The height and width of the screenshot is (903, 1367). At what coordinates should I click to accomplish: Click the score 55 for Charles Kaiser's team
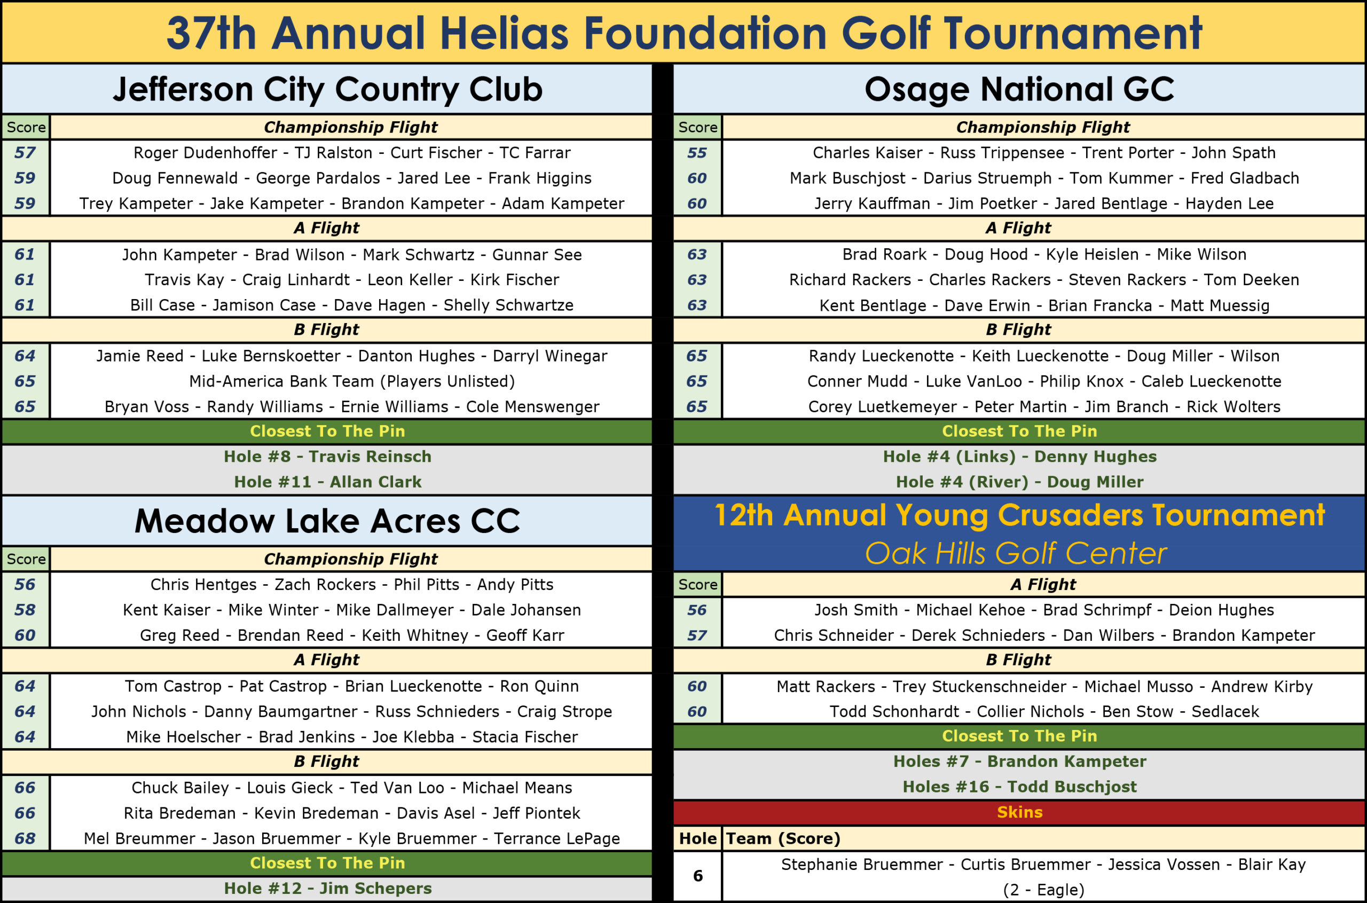coord(697,153)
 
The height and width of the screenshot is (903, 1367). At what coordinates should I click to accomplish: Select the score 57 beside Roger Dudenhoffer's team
coord(25,153)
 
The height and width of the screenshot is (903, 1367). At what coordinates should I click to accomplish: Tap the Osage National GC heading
coord(1019,89)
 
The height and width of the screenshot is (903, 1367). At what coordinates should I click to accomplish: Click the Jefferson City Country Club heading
coord(327,89)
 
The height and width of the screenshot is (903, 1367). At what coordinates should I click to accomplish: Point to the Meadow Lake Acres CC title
coord(327,521)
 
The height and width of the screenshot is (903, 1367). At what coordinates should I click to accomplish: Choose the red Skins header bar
coord(1019,812)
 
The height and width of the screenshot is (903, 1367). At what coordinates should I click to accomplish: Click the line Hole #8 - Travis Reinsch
coord(327,457)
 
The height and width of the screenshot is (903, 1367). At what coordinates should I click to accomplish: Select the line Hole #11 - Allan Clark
coord(327,482)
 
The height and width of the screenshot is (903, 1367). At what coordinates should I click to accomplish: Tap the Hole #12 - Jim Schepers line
coord(327,889)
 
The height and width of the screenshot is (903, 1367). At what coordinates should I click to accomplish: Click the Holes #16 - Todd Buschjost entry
coord(1019,787)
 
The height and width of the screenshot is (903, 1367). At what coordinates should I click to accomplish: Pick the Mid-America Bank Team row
coord(351,381)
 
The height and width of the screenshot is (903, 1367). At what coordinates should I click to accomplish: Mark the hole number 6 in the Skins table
coord(697,876)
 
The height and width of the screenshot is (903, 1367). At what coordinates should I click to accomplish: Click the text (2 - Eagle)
coord(1043,890)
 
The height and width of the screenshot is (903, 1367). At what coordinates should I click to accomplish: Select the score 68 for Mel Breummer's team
coord(25,838)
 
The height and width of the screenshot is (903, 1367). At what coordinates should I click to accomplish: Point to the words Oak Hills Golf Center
coord(1016,553)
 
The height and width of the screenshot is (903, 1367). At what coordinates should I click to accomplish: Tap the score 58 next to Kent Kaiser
coord(25,610)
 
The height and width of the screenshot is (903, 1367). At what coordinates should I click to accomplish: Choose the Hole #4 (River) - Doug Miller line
coord(1019,482)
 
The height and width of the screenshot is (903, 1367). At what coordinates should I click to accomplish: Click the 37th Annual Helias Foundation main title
coord(683,33)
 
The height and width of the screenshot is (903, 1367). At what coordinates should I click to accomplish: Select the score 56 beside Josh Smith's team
coord(697,610)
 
